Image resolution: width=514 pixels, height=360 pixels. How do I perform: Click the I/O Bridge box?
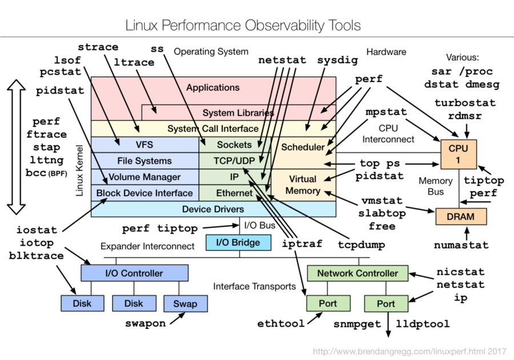pos(238,243)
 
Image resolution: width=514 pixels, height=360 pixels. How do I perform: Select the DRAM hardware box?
pos(461,217)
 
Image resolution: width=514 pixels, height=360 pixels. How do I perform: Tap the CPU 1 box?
pos(458,154)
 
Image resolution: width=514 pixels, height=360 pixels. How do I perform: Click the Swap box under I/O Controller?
pos(185,303)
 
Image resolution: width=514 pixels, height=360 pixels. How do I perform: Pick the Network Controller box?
pos(358,273)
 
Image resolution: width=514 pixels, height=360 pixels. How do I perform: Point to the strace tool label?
pos(98,47)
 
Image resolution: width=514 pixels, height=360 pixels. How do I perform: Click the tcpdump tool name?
pos(362,245)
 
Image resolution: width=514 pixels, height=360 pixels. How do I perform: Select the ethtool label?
pos(280,323)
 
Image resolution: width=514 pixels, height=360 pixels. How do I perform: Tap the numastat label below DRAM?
pos(461,245)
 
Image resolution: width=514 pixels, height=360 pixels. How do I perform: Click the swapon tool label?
pos(145,323)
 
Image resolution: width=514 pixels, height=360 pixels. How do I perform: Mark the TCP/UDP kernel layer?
pos(235,161)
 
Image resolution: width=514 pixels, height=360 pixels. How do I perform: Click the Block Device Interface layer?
pos(145,193)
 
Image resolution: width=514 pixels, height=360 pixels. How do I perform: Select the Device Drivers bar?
pos(214,209)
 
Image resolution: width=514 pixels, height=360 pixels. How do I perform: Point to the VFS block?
pos(145,145)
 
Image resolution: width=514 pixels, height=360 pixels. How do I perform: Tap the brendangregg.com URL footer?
pos(409,351)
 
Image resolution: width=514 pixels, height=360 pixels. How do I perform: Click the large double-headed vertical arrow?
pos(16,147)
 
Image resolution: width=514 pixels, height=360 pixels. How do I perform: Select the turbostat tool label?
pos(465,103)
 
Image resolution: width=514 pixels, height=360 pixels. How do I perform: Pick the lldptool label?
pos(423,324)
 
